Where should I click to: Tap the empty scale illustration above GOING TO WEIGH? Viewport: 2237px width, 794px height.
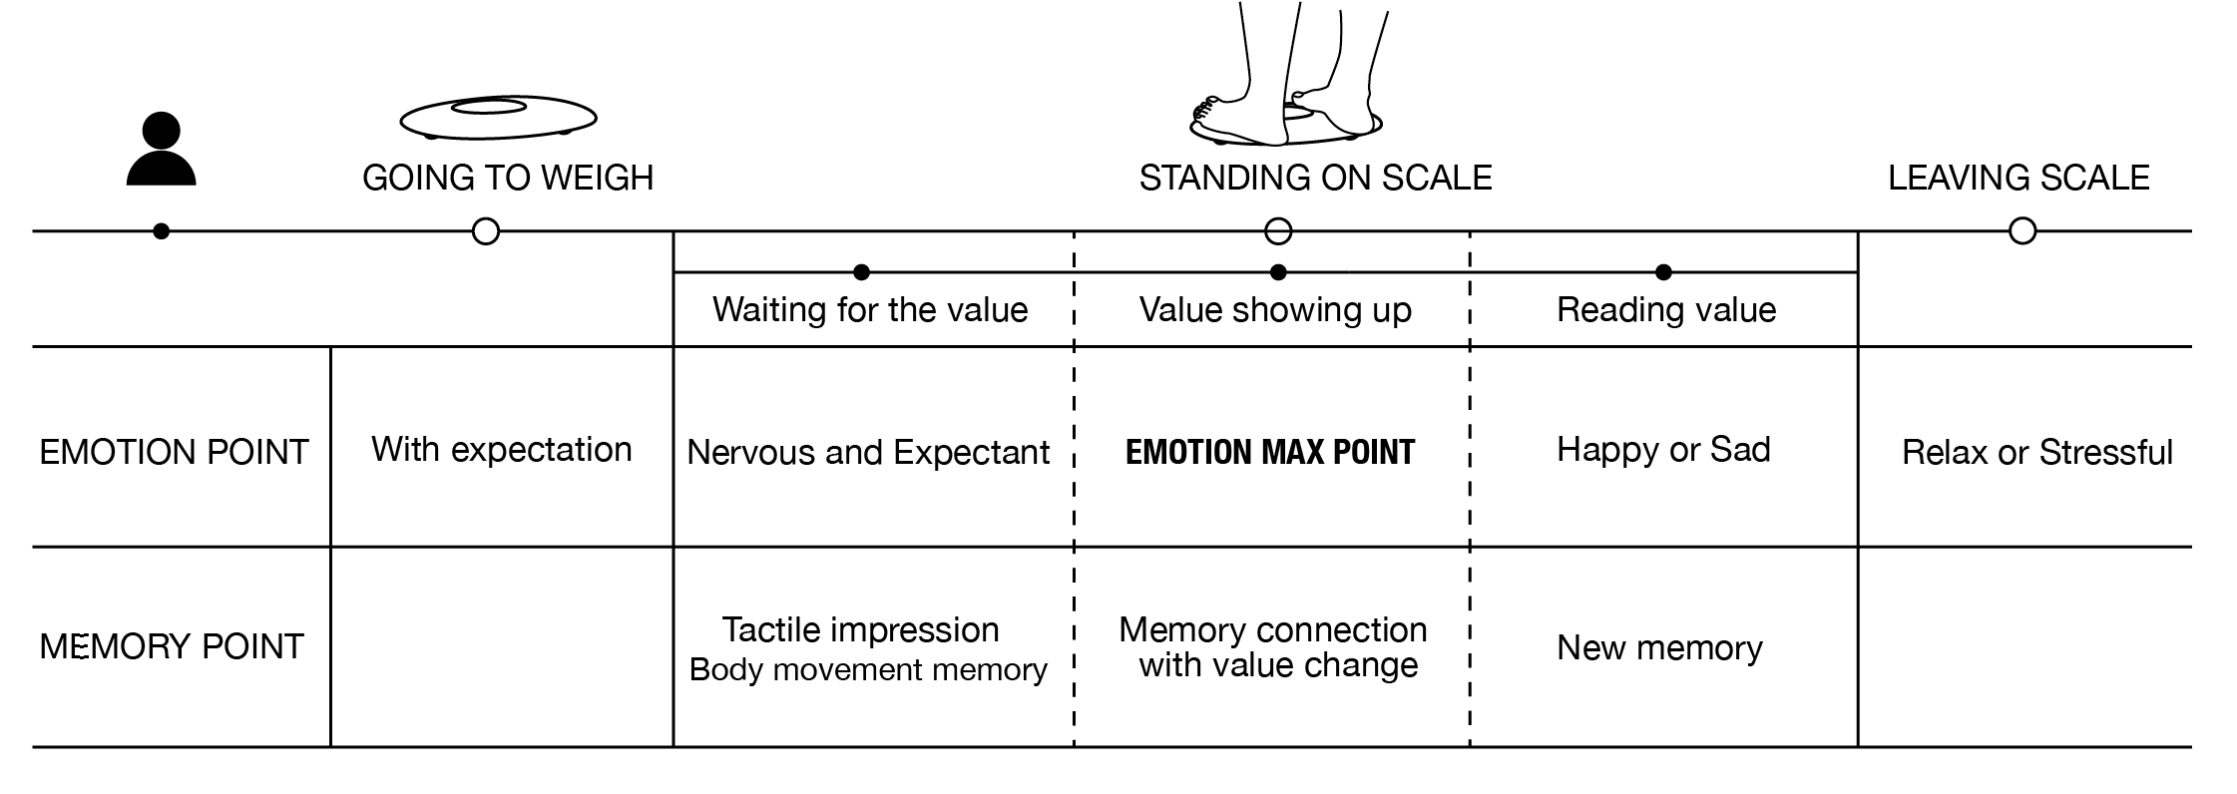[498, 118]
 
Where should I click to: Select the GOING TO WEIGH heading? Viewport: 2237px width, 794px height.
[508, 179]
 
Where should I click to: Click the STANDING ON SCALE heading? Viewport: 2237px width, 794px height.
[1315, 179]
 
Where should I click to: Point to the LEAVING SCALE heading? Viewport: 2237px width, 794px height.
[2017, 179]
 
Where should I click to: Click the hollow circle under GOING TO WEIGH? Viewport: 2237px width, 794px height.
[485, 231]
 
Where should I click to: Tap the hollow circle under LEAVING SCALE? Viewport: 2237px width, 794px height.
[2021, 231]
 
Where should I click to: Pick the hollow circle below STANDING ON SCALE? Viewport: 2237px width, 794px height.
[1277, 231]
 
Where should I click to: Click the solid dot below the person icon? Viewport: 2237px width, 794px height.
[161, 231]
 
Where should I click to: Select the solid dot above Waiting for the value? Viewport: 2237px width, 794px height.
[861, 272]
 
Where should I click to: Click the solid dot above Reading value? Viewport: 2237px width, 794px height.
[1662, 272]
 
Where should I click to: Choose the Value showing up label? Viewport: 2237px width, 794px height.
[1275, 310]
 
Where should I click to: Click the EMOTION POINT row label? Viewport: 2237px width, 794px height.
[174, 453]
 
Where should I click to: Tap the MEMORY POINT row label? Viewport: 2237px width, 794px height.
[171, 647]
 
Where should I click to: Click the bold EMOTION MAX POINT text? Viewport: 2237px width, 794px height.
[1269, 453]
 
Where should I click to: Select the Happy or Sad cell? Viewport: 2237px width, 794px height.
[1663, 450]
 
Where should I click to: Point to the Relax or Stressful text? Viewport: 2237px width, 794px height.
[2036, 453]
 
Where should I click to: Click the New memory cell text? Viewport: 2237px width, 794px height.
[1659, 648]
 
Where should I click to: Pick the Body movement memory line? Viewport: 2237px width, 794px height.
[868, 669]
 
